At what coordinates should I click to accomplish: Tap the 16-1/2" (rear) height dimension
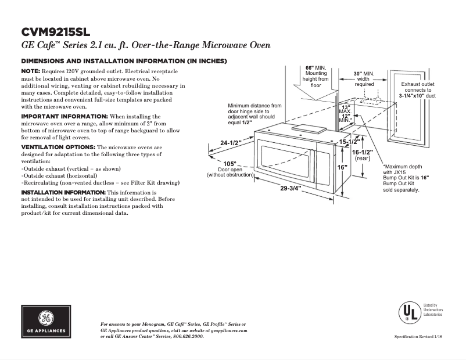pyautogui.click(x=363, y=154)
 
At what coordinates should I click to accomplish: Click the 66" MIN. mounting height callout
pyautogui.click(x=317, y=76)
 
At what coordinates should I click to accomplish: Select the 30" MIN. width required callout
pyautogui.click(x=364, y=79)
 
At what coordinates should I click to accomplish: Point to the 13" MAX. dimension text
pyautogui.click(x=346, y=111)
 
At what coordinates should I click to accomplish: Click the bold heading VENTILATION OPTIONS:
pyautogui.click(x=58, y=147)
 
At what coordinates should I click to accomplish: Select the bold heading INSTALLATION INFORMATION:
pyautogui.click(x=63, y=192)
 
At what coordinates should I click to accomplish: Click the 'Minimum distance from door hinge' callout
pyautogui.click(x=254, y=114)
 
